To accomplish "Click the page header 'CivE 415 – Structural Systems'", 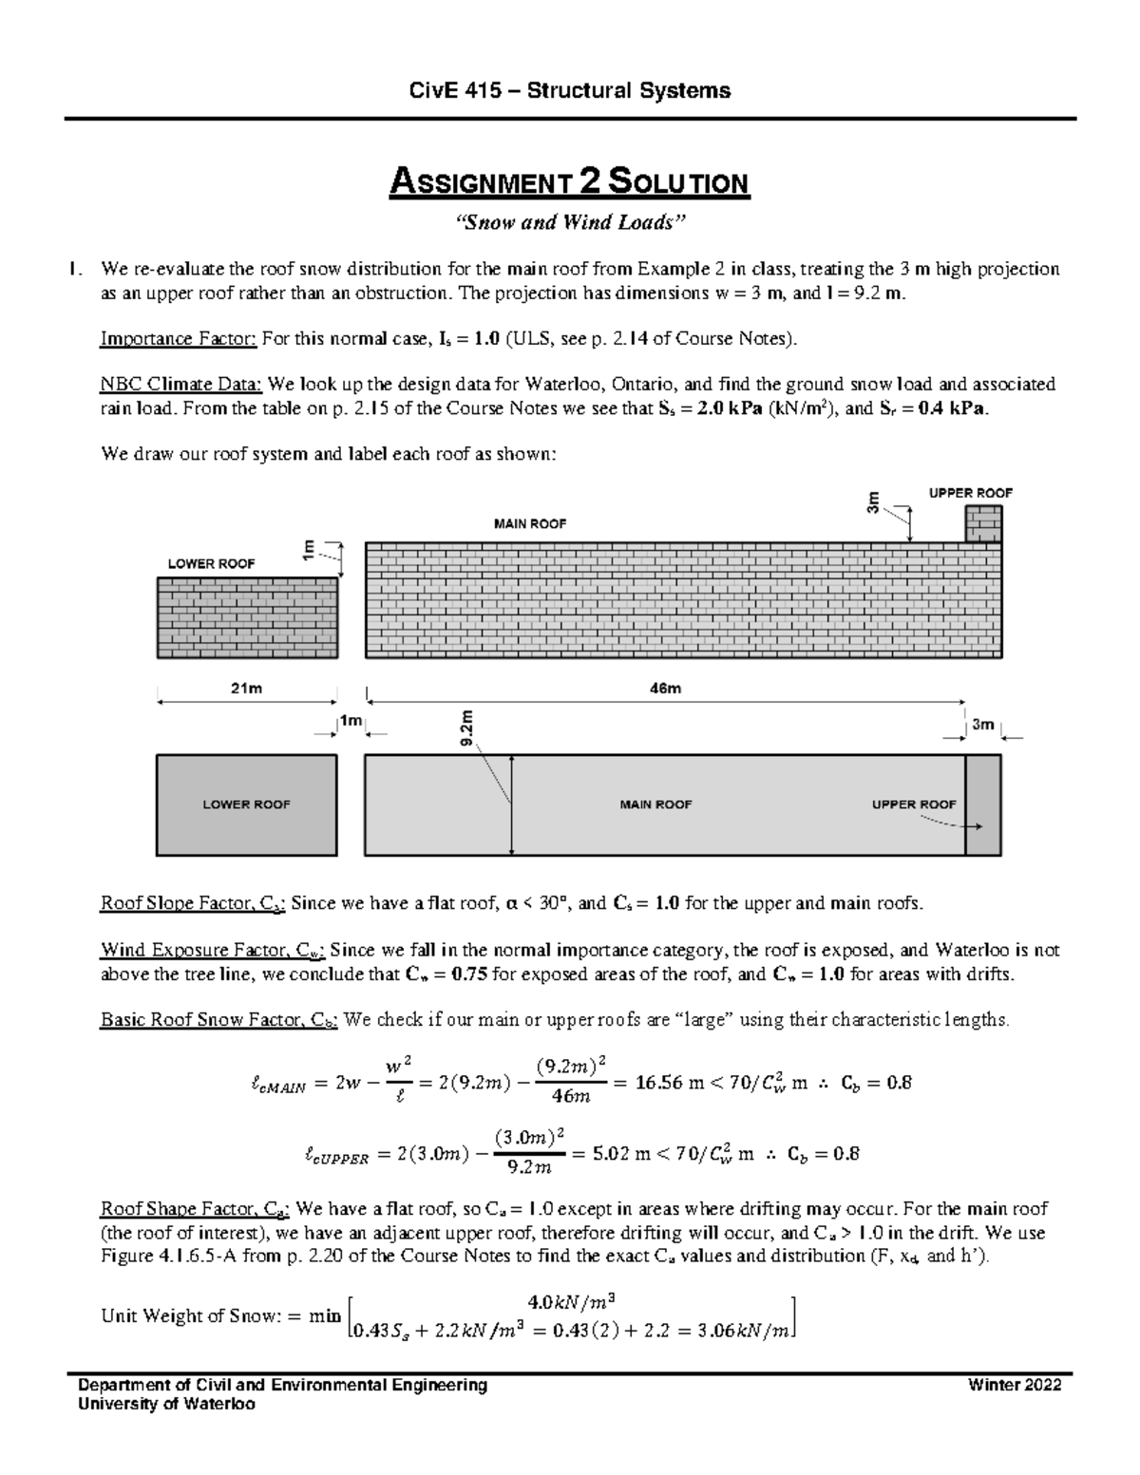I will point(569,90).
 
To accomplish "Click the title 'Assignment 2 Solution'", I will point(569,182).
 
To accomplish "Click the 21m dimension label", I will point(246,689).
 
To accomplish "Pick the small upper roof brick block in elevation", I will point(983,523).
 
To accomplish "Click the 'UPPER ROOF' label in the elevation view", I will point(970,493).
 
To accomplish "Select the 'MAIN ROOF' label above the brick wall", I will point(529,523).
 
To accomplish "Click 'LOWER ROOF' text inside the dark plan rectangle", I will point(246,804).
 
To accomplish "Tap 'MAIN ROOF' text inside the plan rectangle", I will point(655,804).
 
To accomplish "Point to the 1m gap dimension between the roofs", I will point(351,722).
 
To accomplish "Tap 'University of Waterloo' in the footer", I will point(168,1404).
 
